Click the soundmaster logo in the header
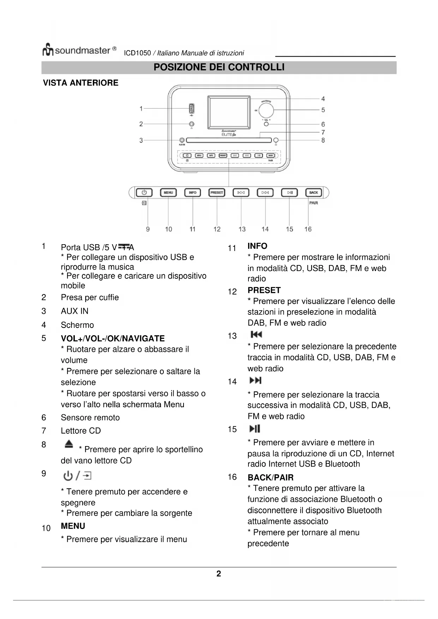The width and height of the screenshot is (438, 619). (79, 50)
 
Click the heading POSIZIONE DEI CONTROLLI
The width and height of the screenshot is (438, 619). (219, 67)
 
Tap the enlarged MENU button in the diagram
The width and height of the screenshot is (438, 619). (168, 193)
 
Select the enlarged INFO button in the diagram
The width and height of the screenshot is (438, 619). (192, 193)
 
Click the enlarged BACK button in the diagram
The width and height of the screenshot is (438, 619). (313, 193)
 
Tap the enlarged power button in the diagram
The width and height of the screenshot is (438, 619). (144, 193)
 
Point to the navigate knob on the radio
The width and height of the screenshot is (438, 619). (266, 110)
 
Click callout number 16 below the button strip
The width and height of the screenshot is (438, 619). (308, 229)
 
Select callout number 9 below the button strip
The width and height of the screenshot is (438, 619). (148, 229)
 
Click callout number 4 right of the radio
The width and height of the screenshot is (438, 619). (323, 99)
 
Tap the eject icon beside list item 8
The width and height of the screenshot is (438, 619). (69, 444)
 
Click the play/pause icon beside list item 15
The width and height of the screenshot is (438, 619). (255, 429)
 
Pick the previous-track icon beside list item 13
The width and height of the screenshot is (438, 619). (256, 335)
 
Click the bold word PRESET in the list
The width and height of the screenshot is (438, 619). (264, 290)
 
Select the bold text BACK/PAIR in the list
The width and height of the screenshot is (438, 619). (270, 477)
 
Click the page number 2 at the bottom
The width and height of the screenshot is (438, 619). (219, 574)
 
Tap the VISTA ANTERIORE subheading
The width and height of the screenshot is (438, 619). (80, 83)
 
